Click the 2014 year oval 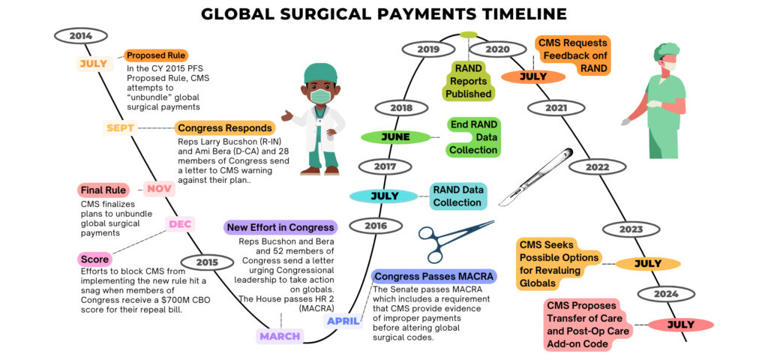point(81,35)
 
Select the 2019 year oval point(428,49)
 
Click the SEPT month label point(120,127)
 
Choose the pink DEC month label point(180,223)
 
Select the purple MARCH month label point(280,336)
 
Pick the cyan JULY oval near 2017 point(384,196)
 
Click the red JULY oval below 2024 point(681,325)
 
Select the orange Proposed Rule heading point(156,55)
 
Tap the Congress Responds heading point(214,128)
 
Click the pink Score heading point(94,259)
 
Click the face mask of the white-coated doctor point(320,97)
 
